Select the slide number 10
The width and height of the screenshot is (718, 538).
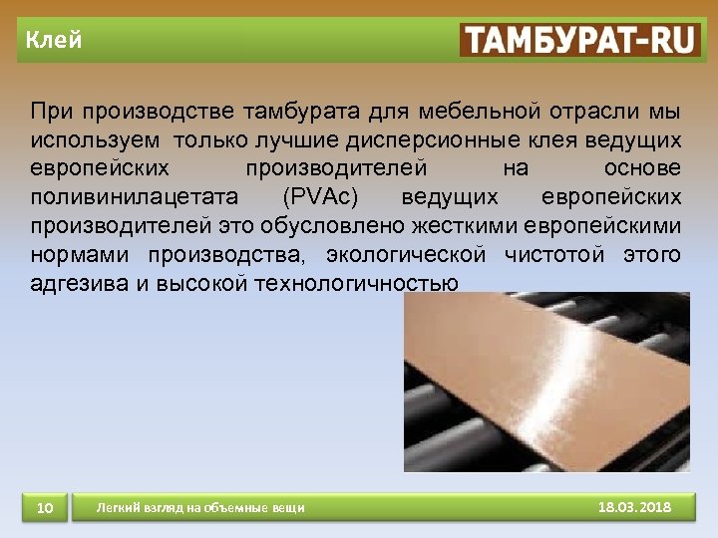[x=44, y=508]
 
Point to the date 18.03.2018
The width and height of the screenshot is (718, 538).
[x=635, y=508]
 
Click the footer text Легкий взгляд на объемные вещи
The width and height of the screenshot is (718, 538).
[x=200, y=509]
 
